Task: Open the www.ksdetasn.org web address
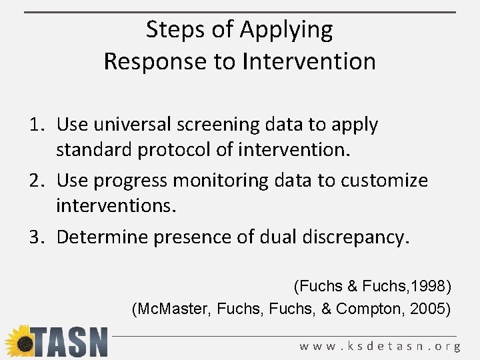point(380,346)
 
